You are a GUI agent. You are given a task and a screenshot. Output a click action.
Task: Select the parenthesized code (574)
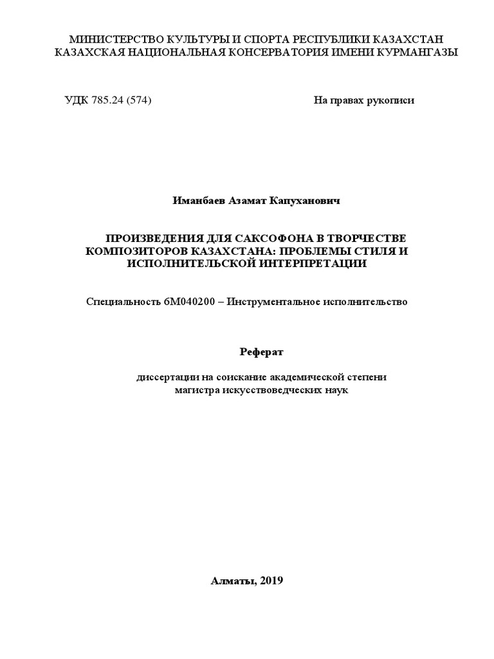coord(139,100)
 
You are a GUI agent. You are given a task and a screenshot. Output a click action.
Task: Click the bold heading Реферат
coord(261,351)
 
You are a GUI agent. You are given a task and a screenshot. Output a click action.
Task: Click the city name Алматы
coord(232,580)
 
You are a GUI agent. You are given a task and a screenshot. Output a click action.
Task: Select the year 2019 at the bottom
coord(270,580)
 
